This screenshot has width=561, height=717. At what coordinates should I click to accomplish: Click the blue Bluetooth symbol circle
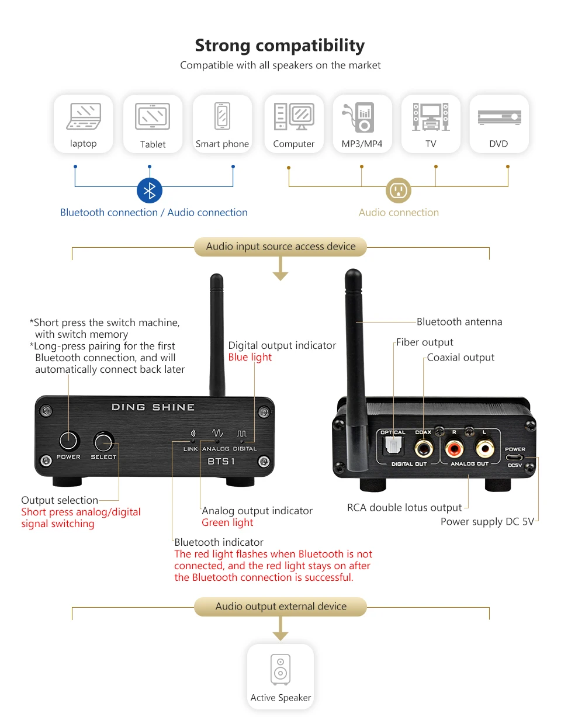(x=150, y=190)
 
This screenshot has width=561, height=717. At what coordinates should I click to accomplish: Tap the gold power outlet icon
(x=399, y=190)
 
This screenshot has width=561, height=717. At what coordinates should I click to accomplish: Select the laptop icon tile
(x=83, y=124)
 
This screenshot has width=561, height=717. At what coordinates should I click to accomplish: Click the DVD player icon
(x=499, y=117)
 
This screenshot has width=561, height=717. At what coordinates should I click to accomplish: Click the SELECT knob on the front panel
(x=104, y=442)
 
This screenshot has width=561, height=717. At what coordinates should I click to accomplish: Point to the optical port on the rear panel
(x=393, y=445)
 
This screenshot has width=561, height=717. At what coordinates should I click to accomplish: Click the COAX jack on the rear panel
(x=424, y=448)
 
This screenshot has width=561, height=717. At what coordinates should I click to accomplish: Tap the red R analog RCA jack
(x=455, y=448)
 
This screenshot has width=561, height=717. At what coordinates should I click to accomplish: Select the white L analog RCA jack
(x=485, y=448)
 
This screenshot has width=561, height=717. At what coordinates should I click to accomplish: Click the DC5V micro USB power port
(x=515, y=458)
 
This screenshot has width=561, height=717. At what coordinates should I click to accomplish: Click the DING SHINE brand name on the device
(x=153, y=407)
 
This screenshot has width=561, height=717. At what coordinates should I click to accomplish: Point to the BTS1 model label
(x=221, y=461)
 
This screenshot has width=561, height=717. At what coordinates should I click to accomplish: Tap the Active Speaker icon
(x=280, y=669)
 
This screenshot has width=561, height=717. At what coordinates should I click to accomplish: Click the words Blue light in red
(x=250, y=357)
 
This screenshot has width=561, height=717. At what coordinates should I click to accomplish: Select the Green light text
(x=227, y=522)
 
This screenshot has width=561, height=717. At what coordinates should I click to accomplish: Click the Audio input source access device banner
(x=280, y=247)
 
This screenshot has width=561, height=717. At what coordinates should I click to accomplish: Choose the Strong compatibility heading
(x=280, y=46)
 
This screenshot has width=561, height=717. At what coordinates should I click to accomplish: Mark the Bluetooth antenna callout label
(x=459, y=322)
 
